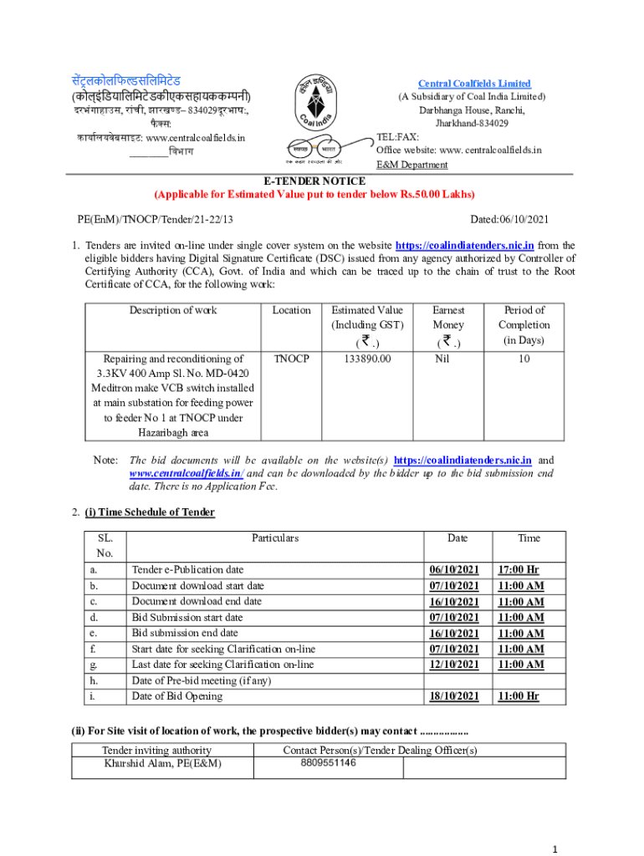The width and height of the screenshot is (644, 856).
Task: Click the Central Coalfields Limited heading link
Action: pos(474,84)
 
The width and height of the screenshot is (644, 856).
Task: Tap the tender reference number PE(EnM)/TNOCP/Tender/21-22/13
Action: pos(155,219)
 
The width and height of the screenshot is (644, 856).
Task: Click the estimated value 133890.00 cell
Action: pos(367,358)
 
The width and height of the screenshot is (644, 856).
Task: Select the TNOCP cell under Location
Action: pos(291,358)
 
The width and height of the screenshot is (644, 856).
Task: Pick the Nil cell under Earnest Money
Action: pos(448,358)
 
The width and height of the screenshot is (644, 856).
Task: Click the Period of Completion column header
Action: pos(524,324)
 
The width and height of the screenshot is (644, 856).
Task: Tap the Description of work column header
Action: pos(172,310)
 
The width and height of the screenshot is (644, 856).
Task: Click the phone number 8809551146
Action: pos(329,762)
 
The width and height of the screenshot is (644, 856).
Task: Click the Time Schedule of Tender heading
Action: pos(150,512)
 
